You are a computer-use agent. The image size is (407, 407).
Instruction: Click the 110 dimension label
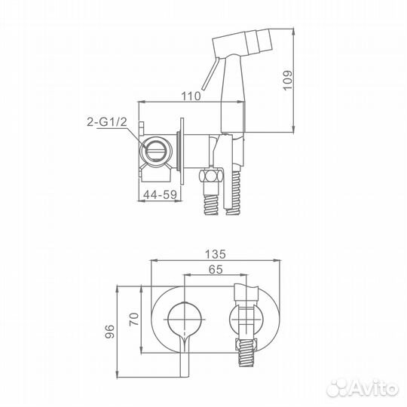tap(191, 96)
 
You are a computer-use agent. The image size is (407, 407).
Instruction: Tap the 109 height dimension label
tap(287, 80)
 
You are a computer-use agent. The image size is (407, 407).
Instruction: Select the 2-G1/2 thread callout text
tap(107, 122)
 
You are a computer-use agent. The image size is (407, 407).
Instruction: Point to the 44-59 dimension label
tap(160, 194)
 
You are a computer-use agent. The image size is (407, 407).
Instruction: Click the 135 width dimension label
tap(215, 254)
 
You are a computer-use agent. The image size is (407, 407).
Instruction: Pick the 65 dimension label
tap(216, 269)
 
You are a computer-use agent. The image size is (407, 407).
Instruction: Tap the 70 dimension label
tap(134, 320)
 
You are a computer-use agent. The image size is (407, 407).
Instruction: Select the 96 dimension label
tap(109, 331)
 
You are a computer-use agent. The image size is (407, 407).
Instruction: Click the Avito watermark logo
tap(363, 388)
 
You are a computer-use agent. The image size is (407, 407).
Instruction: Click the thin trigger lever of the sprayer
tap(211, 74)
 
